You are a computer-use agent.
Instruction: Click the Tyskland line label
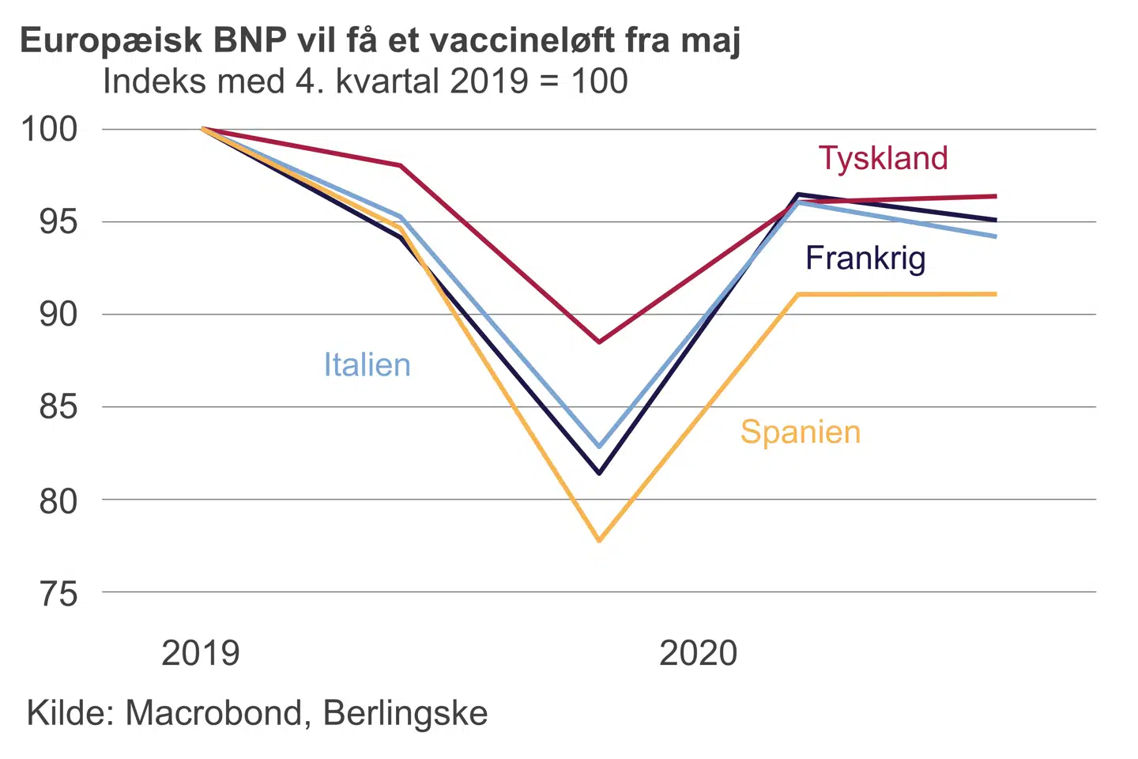click(883, 158)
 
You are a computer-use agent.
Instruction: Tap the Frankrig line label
click(865, 259)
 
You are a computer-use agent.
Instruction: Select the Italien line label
click(367, 365)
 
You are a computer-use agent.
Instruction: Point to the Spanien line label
click(800, 432)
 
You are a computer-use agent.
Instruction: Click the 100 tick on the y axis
click(49, 129)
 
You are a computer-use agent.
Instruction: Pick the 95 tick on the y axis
click(58, 221)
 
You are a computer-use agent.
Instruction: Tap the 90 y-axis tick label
click(58, 315)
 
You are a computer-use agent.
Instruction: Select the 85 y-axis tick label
click(58, 407)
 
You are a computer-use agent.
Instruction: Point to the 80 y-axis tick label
click(58, 500)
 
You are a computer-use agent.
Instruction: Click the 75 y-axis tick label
click(58, 593)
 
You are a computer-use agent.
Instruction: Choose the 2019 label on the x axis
click(200, 654)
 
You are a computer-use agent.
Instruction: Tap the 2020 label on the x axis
click(698, 654)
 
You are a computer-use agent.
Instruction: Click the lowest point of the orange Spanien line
click(600, 541)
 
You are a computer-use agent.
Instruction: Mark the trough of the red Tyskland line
click(599, 342)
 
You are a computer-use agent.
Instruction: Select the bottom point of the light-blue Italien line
click(600, 447)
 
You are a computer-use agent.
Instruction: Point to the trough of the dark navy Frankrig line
click(600, 473)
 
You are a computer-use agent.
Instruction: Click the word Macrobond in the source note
click(213, 713)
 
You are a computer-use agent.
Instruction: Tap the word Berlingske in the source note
click(405, 713)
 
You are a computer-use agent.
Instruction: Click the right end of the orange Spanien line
click(995, 294)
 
